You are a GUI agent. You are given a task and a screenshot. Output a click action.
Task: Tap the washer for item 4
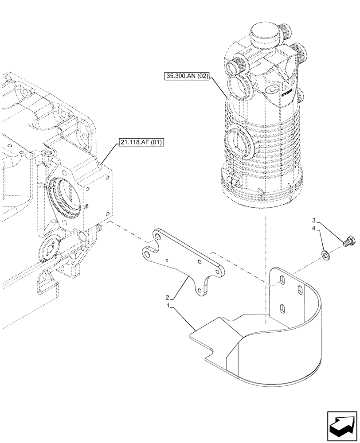(x=325, y=254)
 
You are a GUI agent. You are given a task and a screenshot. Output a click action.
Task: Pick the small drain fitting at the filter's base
(x=233, y=180)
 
